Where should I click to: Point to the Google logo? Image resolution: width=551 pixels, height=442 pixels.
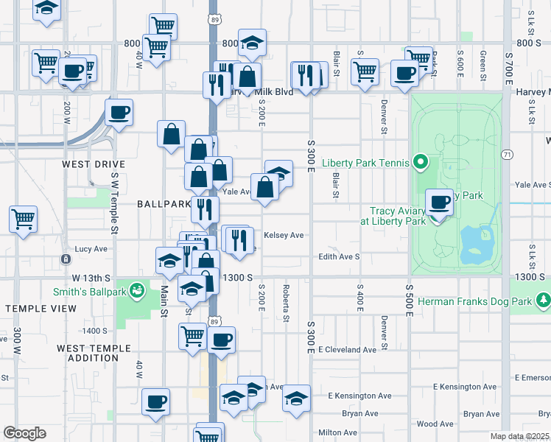(24, 433)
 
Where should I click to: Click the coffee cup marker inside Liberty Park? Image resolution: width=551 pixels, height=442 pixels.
(440, 202)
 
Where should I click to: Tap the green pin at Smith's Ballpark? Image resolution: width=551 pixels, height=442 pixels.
(136, 291)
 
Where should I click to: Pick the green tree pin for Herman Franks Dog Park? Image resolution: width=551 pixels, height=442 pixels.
(544, 300)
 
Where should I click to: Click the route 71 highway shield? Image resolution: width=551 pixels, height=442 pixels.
(507, 154)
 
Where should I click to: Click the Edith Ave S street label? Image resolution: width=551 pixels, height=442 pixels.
(338, 256)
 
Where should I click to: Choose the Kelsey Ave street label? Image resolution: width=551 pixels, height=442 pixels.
(284, 236)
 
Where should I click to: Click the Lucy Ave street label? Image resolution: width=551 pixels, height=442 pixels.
(91, 249)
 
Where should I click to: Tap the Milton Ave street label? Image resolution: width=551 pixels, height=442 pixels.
(338, 432)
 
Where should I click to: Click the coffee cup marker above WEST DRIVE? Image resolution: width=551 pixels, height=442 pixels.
(118, 113)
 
